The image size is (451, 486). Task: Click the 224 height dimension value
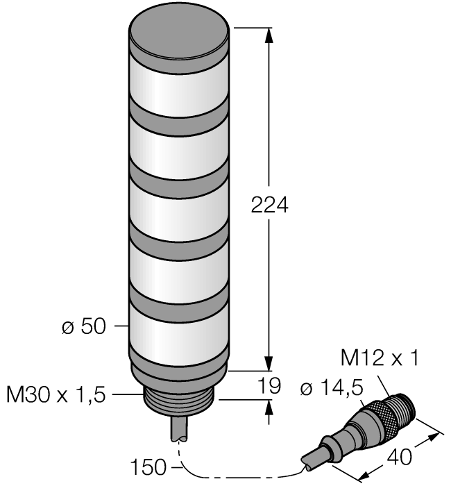(269, 205)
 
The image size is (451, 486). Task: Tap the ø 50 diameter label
(84, 326)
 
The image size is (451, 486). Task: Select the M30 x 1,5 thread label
(56, 395)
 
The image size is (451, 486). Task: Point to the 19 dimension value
(270, 385)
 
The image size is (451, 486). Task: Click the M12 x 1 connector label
(380, 358)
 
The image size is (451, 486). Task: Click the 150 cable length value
(148, 467)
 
